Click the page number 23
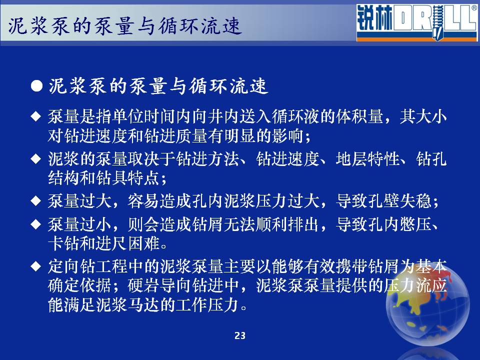click(x=240, y=335)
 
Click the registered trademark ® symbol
click(x=474, y=8)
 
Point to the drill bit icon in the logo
click(x=438, y=22)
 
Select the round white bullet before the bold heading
click(x=36, y=86)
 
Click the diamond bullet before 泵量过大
click(x=36, y=201)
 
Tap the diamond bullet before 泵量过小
click(x=36, y=224)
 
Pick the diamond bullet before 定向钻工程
click(x=36, y=266)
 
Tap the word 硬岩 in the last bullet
click(x=143, y=285)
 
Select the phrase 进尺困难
click(x=127, y=243)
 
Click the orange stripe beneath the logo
click(x=417, y=39)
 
